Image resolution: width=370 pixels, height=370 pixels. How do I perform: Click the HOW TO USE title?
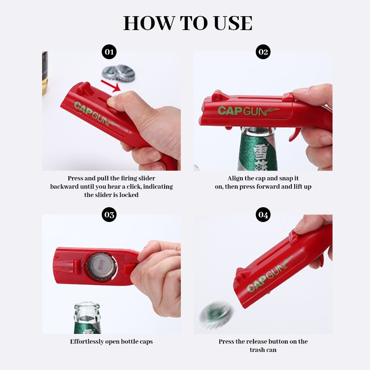[x=187, y=23]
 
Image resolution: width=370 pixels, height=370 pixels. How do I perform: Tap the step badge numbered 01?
[x=109, y=52]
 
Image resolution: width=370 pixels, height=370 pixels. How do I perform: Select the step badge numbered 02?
[x=263, y=52]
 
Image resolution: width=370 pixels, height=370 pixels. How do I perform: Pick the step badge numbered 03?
[x=109, y=215]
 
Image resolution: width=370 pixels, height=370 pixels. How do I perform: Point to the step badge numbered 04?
[x=263, y=215]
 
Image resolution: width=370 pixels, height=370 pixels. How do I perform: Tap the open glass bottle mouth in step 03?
[x=87, y=309]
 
